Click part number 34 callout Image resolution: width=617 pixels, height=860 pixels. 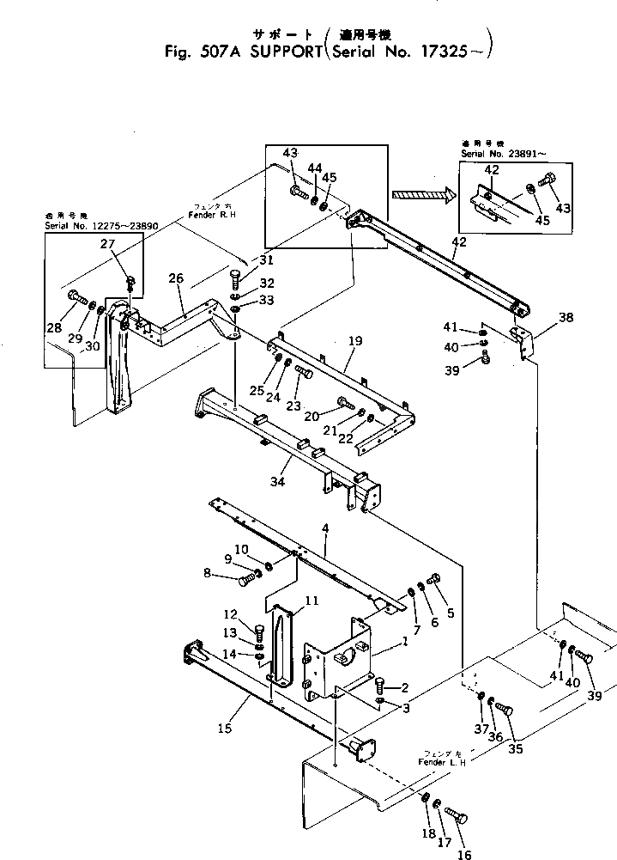(277, 482)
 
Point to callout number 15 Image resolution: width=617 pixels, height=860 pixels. (224, 729)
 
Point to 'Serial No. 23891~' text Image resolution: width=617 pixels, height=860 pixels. (502, 153)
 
